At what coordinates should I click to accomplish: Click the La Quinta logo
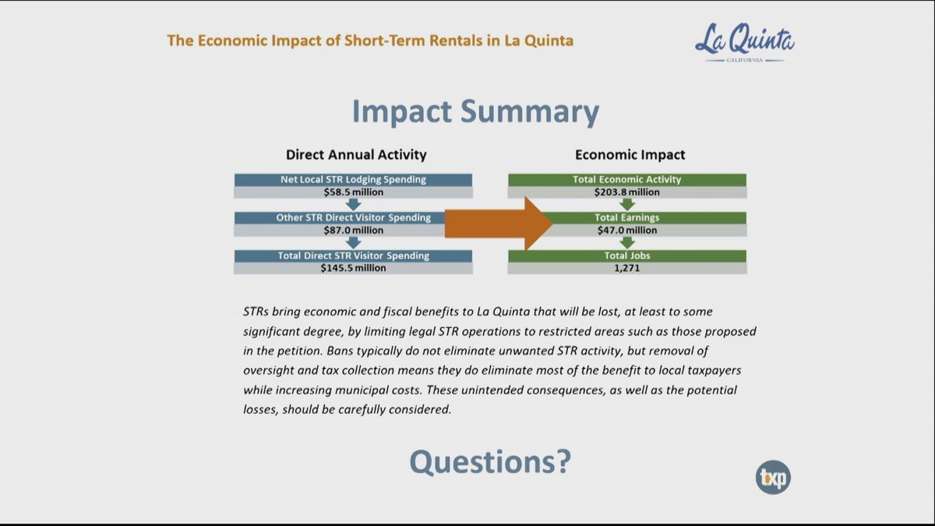pos(745,43)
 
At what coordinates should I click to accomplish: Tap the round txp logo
pos(773,477)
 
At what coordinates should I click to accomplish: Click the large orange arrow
pos(499,224)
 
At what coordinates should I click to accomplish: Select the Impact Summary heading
pos(476,111)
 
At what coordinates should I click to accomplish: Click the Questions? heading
pos(490,461)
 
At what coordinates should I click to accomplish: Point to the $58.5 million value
pos(353,192)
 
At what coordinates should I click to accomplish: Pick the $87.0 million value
pos(353,230)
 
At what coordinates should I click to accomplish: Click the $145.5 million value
pos(353,268)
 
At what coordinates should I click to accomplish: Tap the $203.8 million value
pos(627,192)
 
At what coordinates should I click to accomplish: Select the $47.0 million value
pos(627,230)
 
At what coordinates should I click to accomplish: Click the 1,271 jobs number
pos(627,268)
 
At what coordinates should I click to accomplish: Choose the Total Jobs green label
pos(627,256)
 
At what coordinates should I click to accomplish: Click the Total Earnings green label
pos(627,217)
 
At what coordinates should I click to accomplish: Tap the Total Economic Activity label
pos(627,179)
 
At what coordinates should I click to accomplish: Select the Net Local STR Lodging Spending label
pos(353,179)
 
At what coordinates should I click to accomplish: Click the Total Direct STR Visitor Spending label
pos(353,256)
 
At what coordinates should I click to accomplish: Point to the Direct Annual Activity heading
pos(356,155)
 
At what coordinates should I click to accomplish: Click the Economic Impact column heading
pos(630,155)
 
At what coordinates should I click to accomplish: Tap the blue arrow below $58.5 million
pos(353,204)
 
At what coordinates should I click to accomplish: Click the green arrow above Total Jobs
pos(627,242)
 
